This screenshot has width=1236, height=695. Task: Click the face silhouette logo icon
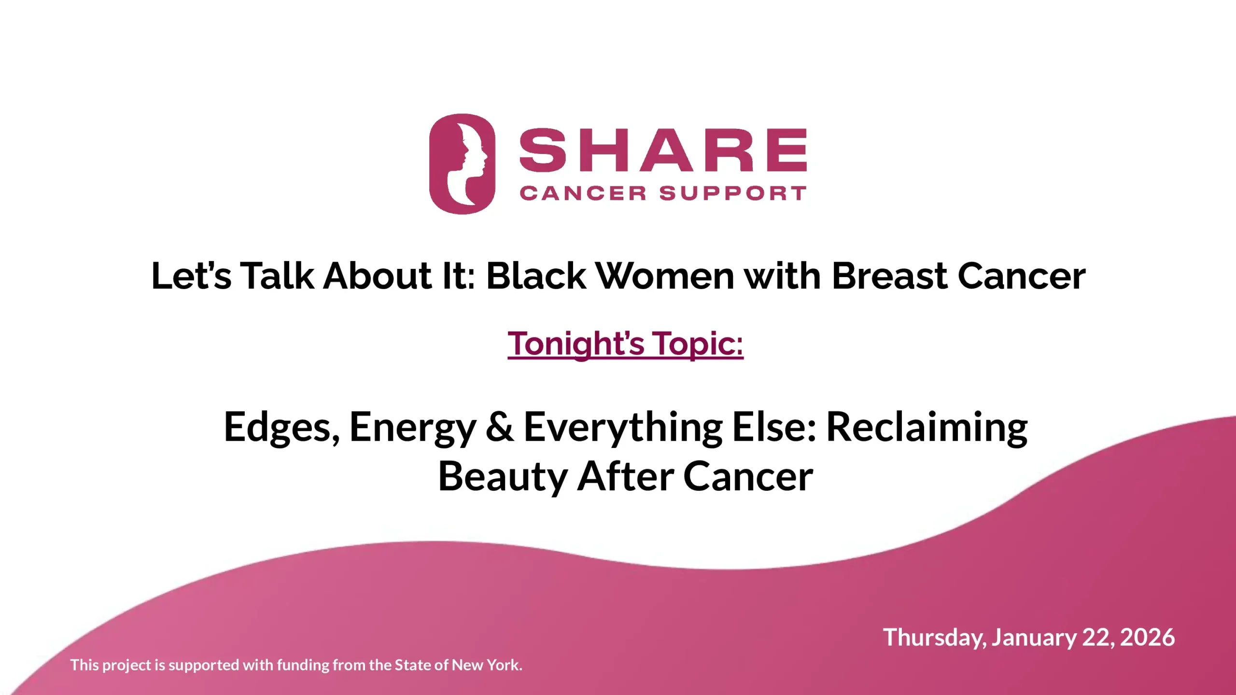[x=462, y=164]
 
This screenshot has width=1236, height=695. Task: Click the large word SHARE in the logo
[x=663, y=150]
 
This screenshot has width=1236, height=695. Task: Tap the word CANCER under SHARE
[x=583, y=194]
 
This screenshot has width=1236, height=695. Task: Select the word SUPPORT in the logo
[x=733, y=194]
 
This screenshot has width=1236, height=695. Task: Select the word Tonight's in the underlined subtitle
[x=576, y=344]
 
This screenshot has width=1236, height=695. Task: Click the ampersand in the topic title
[x=500, y=427]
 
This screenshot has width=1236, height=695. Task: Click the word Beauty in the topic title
[x=503, y=477]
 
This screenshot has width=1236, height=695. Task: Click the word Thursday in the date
[x=935, y=638]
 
